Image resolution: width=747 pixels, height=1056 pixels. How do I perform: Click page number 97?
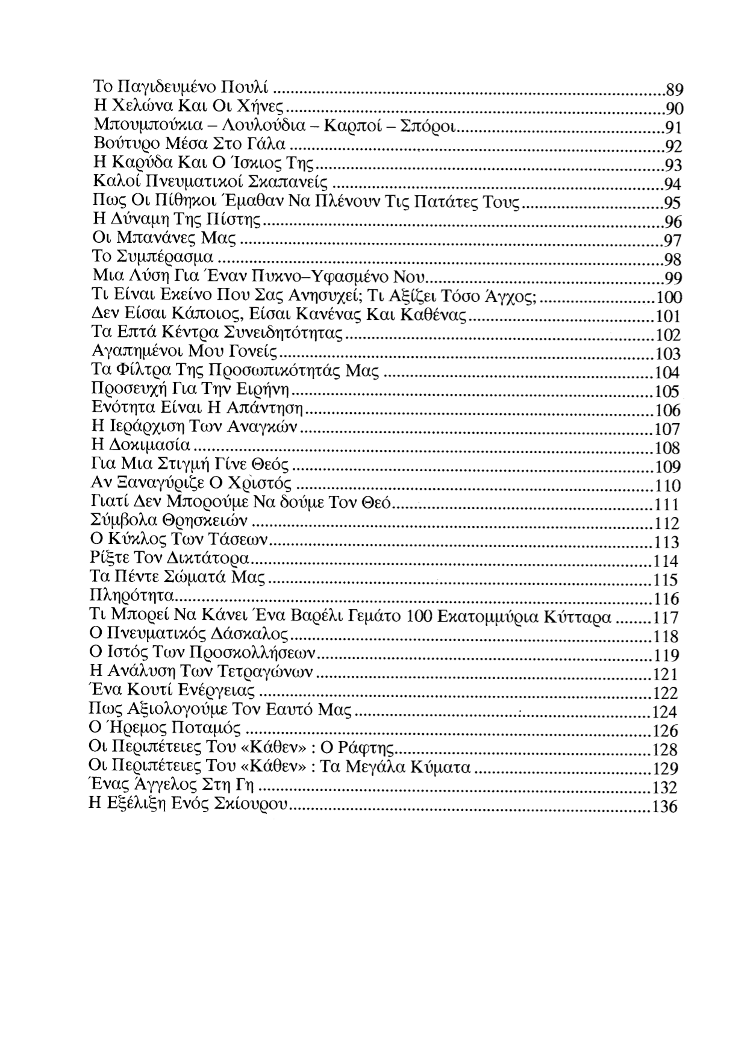[x=672, y=241]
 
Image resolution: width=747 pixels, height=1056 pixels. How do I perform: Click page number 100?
[x=669, y=298]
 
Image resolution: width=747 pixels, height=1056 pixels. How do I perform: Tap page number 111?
[x=667, y=505]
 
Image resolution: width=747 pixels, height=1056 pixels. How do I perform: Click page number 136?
[x=665, y=807]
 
